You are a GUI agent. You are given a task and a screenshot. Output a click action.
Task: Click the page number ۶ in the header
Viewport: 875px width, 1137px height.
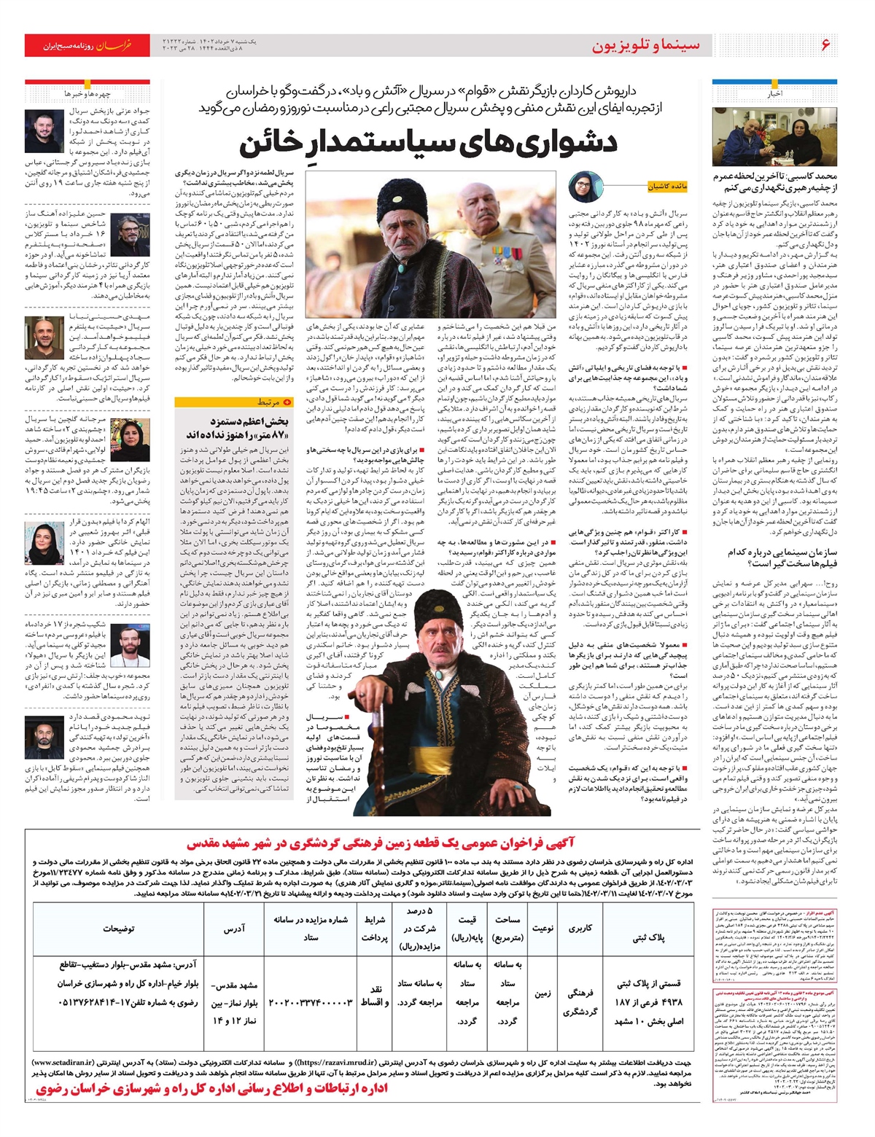825,45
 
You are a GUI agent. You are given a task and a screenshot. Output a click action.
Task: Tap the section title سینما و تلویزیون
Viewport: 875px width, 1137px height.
645,45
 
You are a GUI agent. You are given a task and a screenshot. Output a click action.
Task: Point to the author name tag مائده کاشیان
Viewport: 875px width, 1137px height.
666,187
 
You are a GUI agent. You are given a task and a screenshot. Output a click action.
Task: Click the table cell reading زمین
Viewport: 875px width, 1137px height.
542,993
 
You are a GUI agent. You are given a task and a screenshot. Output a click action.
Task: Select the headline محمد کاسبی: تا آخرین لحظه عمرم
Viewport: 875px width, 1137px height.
774,181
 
